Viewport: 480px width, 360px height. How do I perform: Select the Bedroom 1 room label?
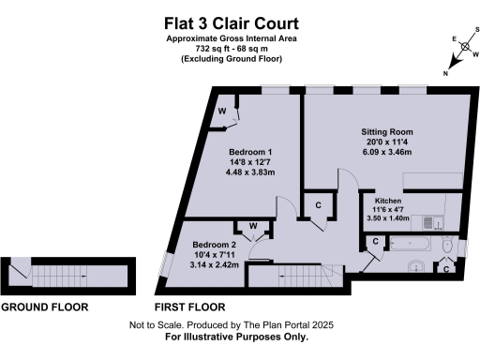250,152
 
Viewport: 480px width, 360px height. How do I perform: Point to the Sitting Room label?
387,132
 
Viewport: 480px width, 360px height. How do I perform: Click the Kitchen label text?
389,201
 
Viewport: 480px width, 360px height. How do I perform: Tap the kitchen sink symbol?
432,222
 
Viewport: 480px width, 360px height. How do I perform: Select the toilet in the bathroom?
447,247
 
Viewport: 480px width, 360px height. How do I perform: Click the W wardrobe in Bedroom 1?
223,112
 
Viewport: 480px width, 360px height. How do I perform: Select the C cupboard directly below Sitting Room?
319,205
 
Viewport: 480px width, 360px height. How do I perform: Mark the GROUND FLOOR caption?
44,307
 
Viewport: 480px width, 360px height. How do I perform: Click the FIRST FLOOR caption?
190,307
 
